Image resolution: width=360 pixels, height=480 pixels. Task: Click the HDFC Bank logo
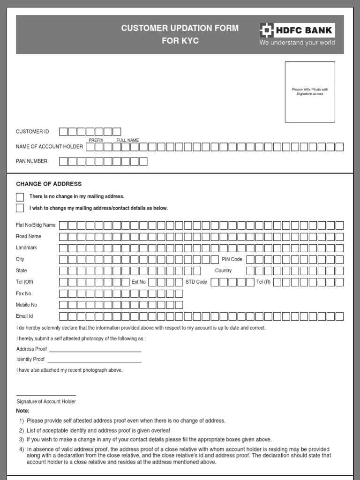[297, 30]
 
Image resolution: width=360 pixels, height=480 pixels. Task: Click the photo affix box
[310, 92]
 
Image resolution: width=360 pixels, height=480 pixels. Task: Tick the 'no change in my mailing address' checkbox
[20, 197]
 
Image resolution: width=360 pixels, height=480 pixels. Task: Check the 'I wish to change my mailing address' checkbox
[20, 208]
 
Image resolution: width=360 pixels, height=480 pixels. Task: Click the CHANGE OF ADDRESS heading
[49, 184]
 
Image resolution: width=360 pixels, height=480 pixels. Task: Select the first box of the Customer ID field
[63, 132]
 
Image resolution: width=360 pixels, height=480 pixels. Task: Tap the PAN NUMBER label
[31, 161]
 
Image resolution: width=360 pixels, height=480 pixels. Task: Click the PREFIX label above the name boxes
[96, 140]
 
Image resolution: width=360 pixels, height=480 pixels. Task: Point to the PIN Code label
[232, 259]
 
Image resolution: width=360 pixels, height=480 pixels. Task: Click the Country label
[223, 270]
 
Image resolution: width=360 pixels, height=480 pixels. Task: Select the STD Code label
[196, 282]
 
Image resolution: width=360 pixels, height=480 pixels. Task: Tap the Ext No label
[139, 282]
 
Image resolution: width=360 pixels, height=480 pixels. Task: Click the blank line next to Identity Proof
[94, 361]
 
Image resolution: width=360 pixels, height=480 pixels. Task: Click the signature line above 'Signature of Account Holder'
[46, 395]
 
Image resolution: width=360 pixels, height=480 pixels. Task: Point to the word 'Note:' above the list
[23, 411]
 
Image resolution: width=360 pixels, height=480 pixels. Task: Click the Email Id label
[24, 316]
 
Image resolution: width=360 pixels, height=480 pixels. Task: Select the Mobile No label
[26, 305]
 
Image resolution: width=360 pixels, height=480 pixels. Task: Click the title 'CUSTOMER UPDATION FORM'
[180, 28]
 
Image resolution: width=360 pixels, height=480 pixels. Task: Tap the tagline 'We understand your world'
[298, 43]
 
